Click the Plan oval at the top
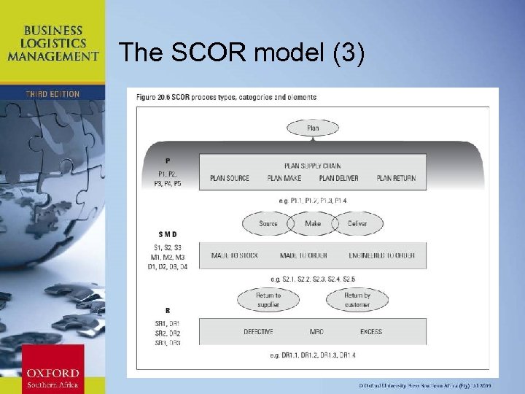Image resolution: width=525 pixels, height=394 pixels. pyautogui.click(x=312, y=128)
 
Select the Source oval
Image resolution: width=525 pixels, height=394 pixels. pyautogui.click(x=268, y=223)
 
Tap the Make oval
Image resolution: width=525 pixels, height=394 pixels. pyautogui.click(x=312, y=223)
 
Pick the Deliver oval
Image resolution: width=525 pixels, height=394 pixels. pyautogui.click(x=357, y=223)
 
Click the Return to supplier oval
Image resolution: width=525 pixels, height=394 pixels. pyautogui.click(x=268, y=299)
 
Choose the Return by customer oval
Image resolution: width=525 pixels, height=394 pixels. pyautogui.click(x=357, y=299)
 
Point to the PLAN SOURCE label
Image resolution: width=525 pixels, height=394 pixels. pyautogui.click(x=229, y=178)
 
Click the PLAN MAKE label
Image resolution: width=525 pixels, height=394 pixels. pyautogui.click(x=284, y=178)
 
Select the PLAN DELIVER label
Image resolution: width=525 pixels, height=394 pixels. pyautogui.click(x=338, y=178)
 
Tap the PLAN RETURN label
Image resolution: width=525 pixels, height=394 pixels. pyautogui.click(x=396, y=178)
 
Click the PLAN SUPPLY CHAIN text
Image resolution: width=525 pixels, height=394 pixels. pyautogui.click(x=312, y=166)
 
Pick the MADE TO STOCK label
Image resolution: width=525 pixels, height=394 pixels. pyautogui.click(x=236, y=255)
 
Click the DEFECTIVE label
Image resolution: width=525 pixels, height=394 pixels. pyautogui.click(x=258, y=332)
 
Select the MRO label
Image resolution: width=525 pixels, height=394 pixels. pyautogui.click(x=316, y=332)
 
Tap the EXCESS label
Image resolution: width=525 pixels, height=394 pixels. pyautogui.click(x=370, y=332)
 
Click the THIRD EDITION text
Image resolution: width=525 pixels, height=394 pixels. pyautogui.click(x=52, y=94)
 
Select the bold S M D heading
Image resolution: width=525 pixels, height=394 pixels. pyautogui.click(x=167, y=234)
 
